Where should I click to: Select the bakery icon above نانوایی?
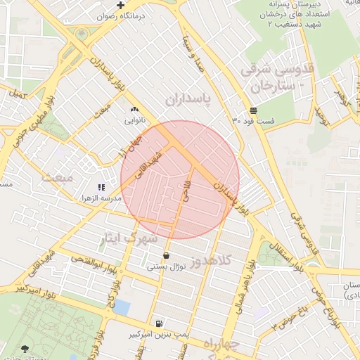135,109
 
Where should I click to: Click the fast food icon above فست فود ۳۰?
253,110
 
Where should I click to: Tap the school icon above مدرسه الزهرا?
101,187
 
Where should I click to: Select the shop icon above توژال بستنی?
166,256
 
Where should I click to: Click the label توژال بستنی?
166,267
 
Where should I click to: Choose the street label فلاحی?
186,189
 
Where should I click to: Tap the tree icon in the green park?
25,348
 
